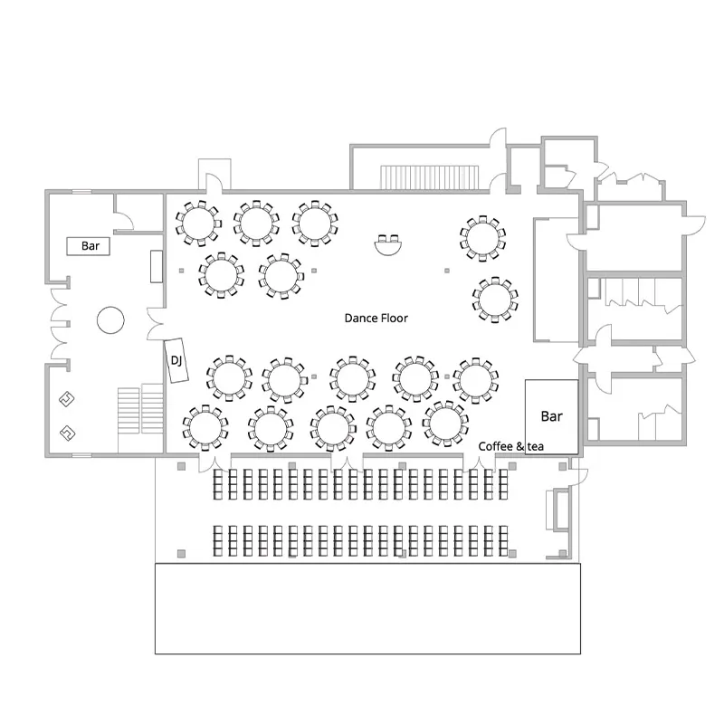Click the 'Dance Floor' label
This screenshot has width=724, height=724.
(x=376, y=319)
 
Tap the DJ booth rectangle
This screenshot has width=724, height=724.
(x=176, y=360)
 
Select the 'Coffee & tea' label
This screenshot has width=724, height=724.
(x=510, y=446)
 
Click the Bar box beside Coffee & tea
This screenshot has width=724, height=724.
(x=551, y=417)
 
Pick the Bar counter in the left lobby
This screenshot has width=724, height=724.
(x=88, y=246)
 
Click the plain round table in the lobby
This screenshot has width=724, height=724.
(x=110, y=320)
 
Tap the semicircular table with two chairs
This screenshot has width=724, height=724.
(x=387, y=244)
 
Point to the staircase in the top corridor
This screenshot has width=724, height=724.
(x=429, y=176)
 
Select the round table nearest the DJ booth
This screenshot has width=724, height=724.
(x=229, y=378)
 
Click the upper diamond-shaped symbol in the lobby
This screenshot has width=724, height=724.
(x=67, y=399)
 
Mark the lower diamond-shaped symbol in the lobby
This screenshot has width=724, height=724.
(x=68, y=433)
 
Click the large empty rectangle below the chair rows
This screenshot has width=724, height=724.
(x=367, y=608)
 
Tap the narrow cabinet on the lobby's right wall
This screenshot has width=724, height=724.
(x=157, y=266)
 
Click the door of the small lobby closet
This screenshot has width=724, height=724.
(x=124, y=221)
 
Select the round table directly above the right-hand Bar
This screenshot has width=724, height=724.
(x=476, y=379)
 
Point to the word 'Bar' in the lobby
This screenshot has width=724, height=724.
(x=90, y=246)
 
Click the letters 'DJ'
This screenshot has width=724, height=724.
(x=176, y=360)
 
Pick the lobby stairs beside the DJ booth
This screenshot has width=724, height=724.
(x=140, y=409)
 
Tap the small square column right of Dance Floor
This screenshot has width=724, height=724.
(x=447, y=271)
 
